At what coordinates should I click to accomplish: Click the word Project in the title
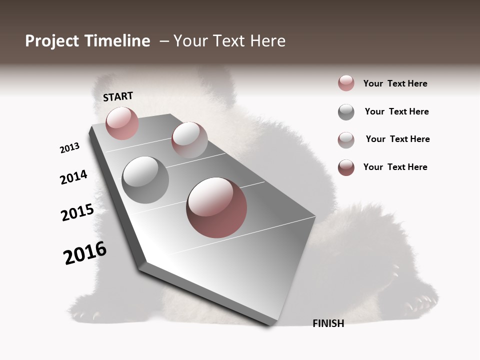[x=51, y=41]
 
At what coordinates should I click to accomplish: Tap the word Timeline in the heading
[x=116, y=41]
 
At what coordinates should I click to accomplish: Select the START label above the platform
[x=118, y=96]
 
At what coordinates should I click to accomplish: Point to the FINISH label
[x=328, y=323]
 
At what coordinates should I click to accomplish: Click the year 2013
[x=69, y=148]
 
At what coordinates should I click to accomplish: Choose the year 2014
[x=73, y=177]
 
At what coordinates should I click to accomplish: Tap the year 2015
[x=77, y=212]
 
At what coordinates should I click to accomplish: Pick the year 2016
[x=85, y=252]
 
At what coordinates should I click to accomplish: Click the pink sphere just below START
[x=122, y=123]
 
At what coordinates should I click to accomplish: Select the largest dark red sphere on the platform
[x=216, y=207]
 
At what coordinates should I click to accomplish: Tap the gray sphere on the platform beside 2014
[x=145, y=180]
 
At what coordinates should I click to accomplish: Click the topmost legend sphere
[x=346, y=83]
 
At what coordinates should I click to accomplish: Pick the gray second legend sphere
[x=346, y=112]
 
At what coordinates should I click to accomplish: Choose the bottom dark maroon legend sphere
[x=346, y=167]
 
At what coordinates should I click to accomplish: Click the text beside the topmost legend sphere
[x=395, y=83]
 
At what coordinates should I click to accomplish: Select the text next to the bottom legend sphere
[x=395, y=167]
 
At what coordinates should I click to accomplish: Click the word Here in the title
[x=267, y=41]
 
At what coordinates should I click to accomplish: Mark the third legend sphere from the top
[x=346, y=140]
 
